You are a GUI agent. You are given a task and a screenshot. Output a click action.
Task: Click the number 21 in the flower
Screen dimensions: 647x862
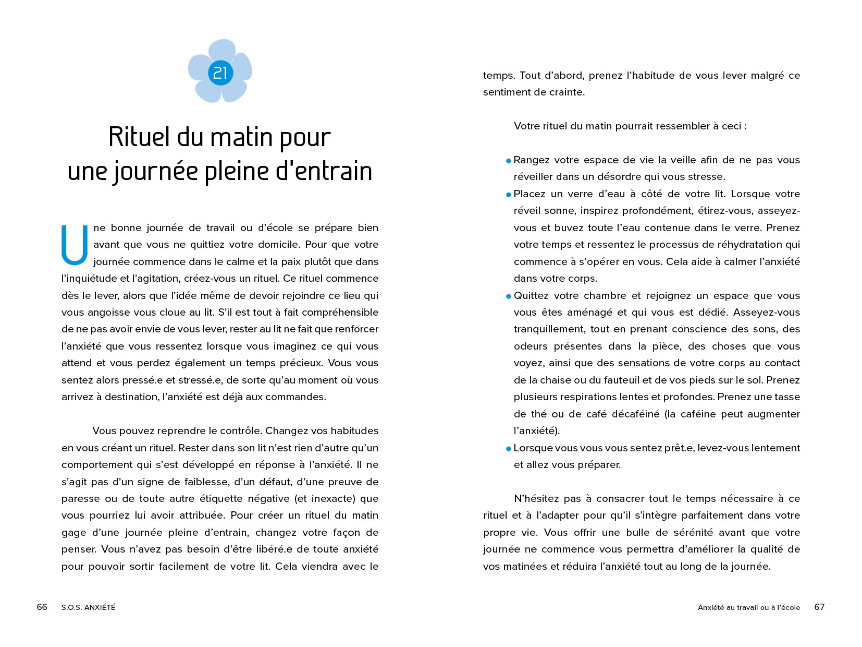[220, 73]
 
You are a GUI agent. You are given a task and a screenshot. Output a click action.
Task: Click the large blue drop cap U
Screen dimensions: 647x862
[74, 245]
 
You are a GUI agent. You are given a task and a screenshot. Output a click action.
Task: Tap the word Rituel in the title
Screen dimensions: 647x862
[139, 137]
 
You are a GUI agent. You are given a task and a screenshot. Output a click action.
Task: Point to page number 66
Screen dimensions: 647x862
[42, 607]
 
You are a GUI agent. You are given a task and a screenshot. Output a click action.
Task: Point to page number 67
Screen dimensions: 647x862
[819, 607]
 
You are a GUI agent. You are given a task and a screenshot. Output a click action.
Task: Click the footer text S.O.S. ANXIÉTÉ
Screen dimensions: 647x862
[88, 607]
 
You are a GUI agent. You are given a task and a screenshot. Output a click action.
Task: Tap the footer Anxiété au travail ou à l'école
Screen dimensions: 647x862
[748, 607]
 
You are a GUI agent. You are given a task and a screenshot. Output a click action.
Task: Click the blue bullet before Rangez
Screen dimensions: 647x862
[509, 161]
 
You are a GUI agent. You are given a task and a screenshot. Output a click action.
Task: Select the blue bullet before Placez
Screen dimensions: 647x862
[509, 195]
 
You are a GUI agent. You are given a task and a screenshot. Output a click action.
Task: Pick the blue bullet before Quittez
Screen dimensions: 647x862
[509, 296]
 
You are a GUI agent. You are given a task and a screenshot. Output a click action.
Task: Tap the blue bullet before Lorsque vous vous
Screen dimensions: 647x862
[509, 449]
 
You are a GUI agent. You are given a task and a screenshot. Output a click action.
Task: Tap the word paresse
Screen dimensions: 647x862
[78, 499]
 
